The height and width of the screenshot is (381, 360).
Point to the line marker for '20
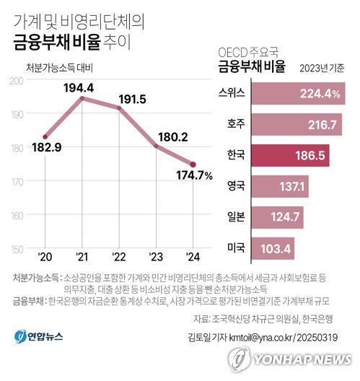pyautogui.click(x=45, y=136)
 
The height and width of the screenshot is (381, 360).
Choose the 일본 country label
pyautogui.click(x=235, y=217)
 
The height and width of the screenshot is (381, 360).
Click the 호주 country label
pyautogui.click(x=235, y=125)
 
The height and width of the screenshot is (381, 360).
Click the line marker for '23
pyautogui.click(x=157, y=146)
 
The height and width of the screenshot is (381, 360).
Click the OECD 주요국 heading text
pyautogui.click(x=247, y=53)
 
